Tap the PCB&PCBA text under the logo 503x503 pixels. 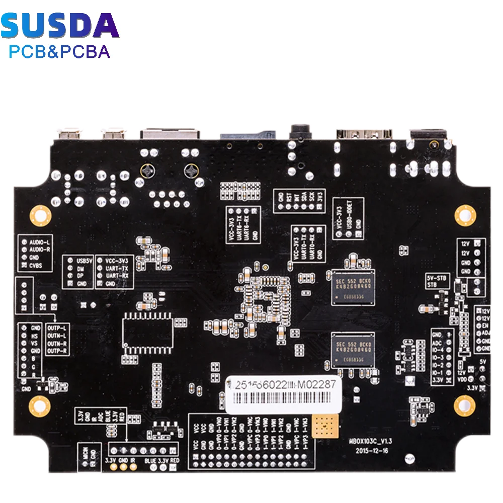pos(60,51)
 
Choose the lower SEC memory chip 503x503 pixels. pos(352,349)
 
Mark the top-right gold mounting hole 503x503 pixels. pos(465,215)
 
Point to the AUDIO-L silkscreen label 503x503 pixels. pos(39,241)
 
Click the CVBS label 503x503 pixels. pos(35,265)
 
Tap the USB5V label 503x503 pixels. pos(83,261)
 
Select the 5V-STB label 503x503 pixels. pos(436,277)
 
